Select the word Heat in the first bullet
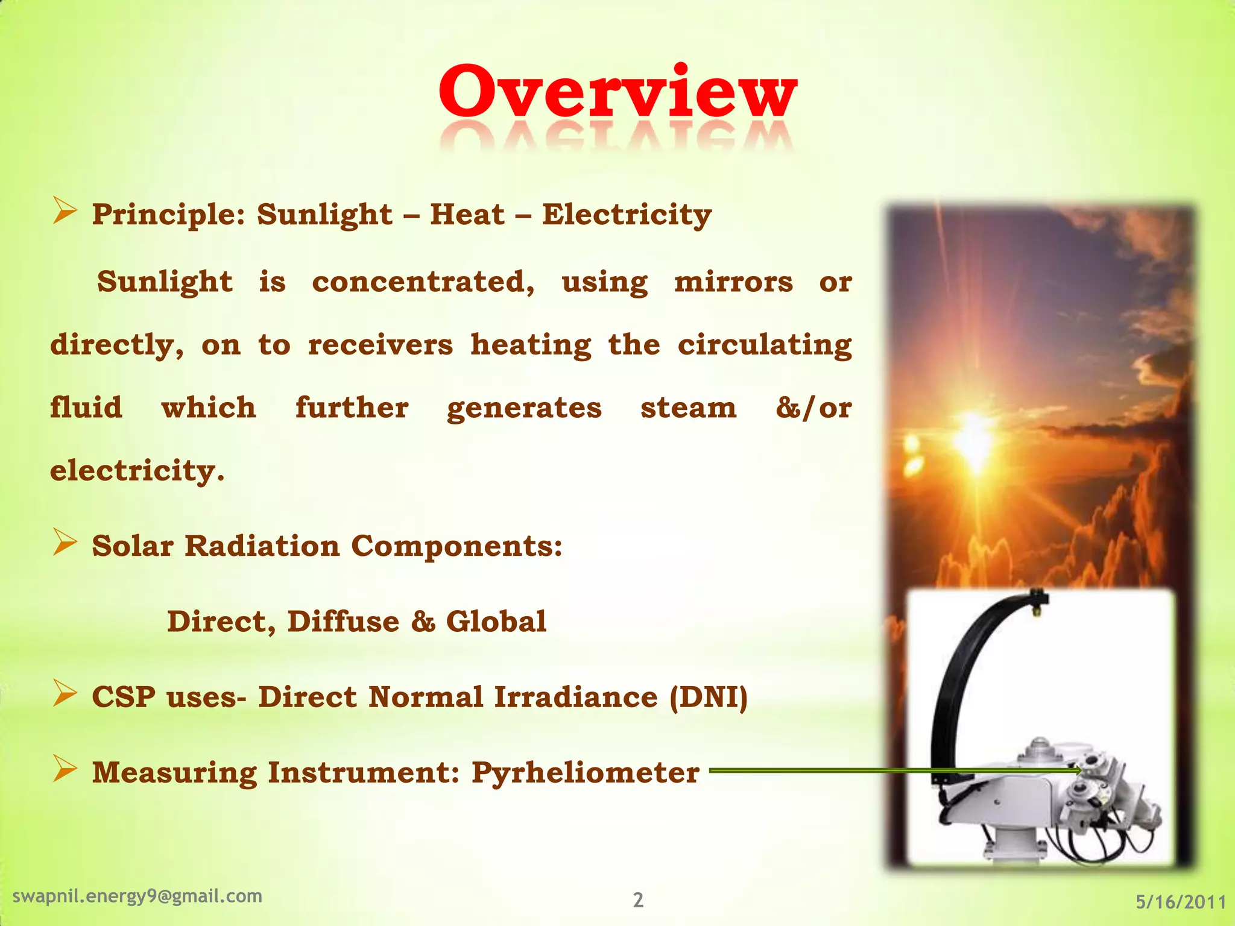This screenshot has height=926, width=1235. click(467, 215)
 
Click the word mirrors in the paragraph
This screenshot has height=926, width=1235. click(733, 282)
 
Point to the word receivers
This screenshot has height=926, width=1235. click(380, 345)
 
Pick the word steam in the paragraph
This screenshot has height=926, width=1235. click(688, 408)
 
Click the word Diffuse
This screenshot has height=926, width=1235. click(343, 622)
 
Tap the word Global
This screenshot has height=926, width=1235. click(496, 622)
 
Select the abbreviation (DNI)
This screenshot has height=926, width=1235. click(709, 698)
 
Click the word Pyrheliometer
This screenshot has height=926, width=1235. click(585, 773)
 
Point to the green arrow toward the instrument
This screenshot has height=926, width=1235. click(892, 770)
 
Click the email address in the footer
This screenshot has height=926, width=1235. click(137, 896)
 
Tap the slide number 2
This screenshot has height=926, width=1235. click(638, 900)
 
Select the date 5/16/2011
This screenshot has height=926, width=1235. click(1181, 902)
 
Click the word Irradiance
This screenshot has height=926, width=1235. click(576, 698)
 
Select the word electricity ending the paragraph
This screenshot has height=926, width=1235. click(137, 471)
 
